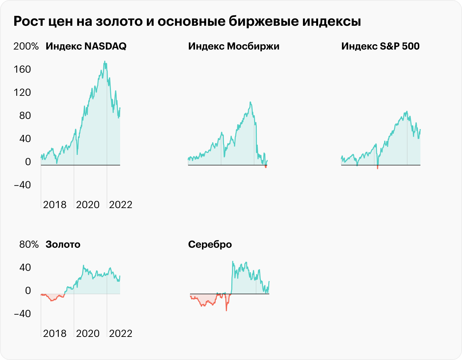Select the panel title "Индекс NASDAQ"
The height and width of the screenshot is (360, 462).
pyautogui.click(x=86, y=46)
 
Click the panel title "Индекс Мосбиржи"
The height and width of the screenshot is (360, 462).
pyautogui.click(x=234, y=46)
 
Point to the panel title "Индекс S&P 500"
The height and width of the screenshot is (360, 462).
pyautogui.click(x=380, y=46)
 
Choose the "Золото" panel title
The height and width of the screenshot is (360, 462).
pyautogui.click(x=63, y=244)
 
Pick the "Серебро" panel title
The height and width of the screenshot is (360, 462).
pyautogui.click(x=210, y=244)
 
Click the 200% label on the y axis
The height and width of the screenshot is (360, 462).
pyautogui.click(x=26, y=46)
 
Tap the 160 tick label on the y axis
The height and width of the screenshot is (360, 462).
pyautogui.click(x=22, y=69)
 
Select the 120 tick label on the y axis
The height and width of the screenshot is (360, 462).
pyautogui.click(x=22, y=92)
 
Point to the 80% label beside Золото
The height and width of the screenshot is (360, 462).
pyautogui.click(x=29, y=244)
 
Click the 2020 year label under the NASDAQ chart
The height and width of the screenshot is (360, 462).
pyautogui.click(x=87, y=205)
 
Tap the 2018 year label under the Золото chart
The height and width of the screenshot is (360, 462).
pyautogui.click(x=54, y=334)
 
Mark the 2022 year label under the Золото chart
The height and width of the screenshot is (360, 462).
pyautogui.click(x=120, y=334)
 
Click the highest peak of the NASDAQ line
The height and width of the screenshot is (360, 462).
pyautogui.click(x=105, y=61)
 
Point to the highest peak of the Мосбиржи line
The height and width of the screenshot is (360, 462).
pyautogui.click(x=250, y=102)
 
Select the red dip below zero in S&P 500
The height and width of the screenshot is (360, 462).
pyautogui.click(x=378, y=167)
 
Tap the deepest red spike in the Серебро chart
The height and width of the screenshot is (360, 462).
pyautogui.click(x=226, y=310)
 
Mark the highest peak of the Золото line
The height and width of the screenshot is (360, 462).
pyautogui.click(x=83, y=266)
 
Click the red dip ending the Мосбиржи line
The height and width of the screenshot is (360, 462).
pyautogui.click(x=266, y=167)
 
